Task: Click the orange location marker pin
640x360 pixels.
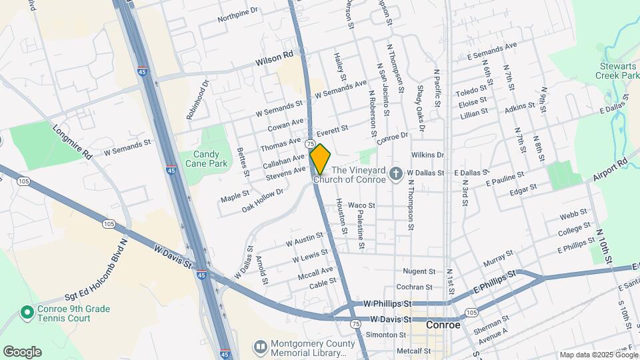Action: (x=320, y=159)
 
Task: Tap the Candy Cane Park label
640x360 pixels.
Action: (x=202, y=158)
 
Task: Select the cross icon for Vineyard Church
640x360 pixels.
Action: (x=396, y=174)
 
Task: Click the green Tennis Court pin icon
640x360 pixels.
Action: (x=27, y=312)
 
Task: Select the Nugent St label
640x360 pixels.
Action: (x=419, y=272)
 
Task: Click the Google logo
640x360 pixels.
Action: (x=22, y=351)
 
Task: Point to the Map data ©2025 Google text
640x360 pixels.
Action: (x=597, y=355)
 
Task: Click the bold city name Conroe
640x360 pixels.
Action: (x=443, y=325)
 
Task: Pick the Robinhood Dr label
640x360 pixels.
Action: (x=198, y=100)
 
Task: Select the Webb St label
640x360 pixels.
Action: (x=573, y=215)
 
